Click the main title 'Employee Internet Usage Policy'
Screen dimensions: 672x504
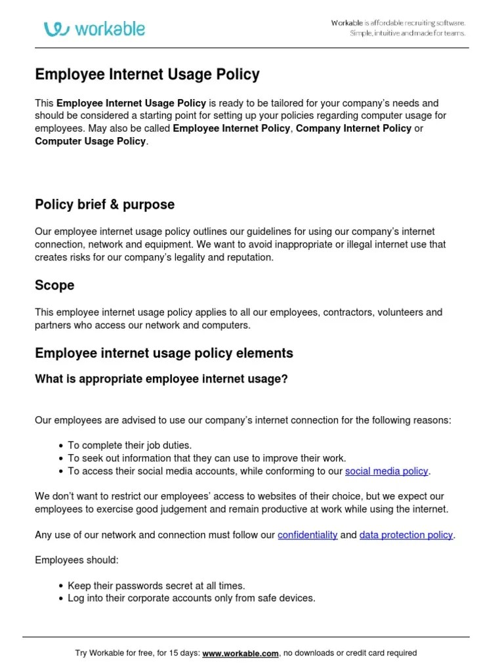[x=147, y=75]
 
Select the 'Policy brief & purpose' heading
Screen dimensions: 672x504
[x=104, y=205]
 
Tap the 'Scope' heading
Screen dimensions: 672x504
[x=54, y=285]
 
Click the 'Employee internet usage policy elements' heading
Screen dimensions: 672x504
[x=164, y=354]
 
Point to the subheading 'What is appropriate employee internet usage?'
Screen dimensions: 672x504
[x=161, y=379]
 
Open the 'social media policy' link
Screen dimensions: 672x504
[x=387, y=471]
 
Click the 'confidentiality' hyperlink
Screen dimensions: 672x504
[x=307, y=535]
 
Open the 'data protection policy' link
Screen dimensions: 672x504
[x=406, y=535]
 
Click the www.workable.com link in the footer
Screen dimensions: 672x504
[x=241, y=653]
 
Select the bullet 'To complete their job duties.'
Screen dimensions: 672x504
[x=129, y=446]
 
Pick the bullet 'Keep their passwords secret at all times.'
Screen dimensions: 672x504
[x=156, y=585]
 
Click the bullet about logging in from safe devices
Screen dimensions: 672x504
[x=192, y=598]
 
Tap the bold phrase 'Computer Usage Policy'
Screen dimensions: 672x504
[x=91, y=141]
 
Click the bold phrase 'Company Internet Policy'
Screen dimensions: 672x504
[x=353, y=129]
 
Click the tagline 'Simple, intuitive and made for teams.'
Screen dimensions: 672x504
[x=407, y=33]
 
